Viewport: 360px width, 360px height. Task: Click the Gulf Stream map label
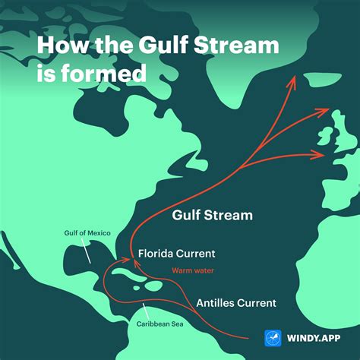point(213,216)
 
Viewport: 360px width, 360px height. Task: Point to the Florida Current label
point(176,252)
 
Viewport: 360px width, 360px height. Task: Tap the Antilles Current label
point(235,303)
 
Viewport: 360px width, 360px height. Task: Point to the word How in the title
point(57,47)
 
